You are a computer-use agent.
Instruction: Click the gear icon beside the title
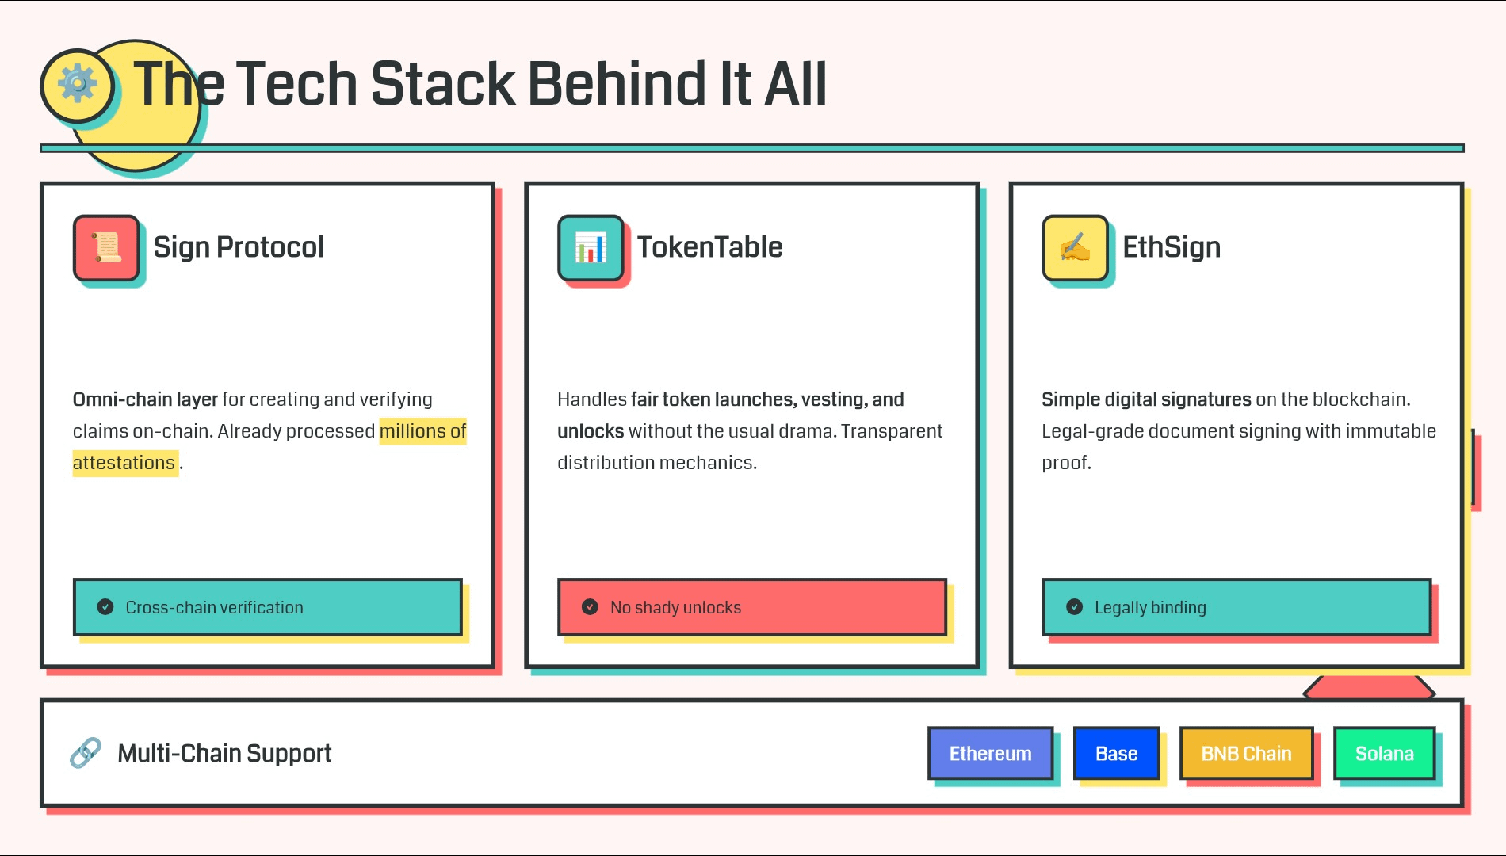77,84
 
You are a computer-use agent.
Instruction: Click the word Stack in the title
443,83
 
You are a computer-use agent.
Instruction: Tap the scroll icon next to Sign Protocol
106,247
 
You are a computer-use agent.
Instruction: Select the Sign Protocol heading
239,247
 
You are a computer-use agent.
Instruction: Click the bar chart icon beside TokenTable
591,247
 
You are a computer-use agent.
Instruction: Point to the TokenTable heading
710,247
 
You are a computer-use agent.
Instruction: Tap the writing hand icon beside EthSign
1075,247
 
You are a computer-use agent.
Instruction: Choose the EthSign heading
1172,247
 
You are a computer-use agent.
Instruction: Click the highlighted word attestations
124,463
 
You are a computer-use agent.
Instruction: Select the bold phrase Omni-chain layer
145,399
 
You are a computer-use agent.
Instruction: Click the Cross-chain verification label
214,608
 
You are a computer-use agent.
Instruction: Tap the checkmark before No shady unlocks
590,607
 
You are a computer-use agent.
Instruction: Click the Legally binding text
1150,608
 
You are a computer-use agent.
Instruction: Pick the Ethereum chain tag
991,753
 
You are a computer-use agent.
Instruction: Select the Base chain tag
1116,753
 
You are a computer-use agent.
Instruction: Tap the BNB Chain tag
1246,753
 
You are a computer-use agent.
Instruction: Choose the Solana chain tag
1384,753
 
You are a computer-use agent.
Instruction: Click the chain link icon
86,753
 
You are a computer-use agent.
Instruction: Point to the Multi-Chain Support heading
224,753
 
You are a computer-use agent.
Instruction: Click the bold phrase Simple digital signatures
1146,399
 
